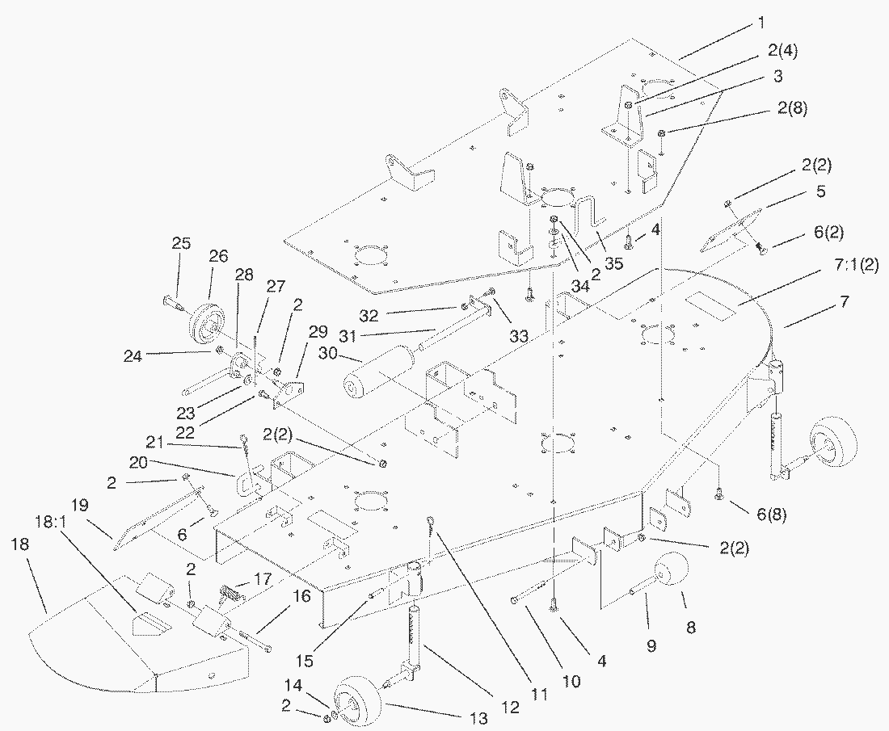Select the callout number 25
[180, 243]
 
